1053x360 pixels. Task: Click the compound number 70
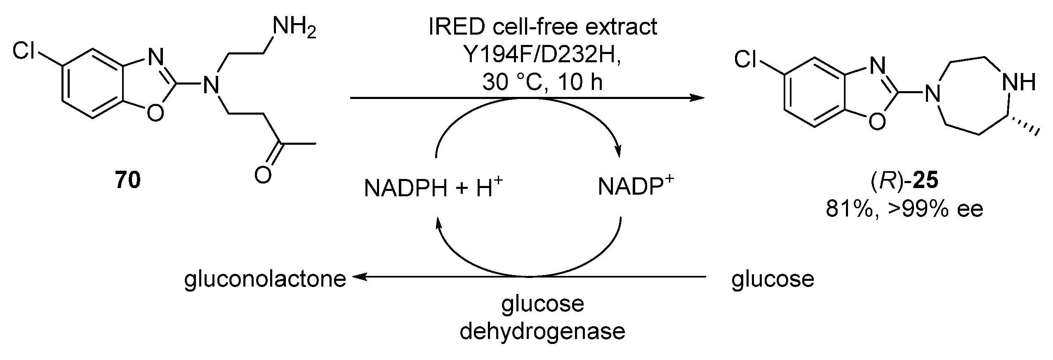pos(128,180)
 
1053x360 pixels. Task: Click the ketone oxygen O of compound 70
pos(263,176)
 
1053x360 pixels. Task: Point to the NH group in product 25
pos(1018,82)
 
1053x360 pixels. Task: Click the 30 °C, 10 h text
pos(542,82)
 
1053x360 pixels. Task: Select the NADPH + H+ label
pos(433,188)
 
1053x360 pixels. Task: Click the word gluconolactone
pos(265,279)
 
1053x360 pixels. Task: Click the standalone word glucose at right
pos(773,279)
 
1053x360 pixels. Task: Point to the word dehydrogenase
pos(542,332)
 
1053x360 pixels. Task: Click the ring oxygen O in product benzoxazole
pos(876,120)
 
